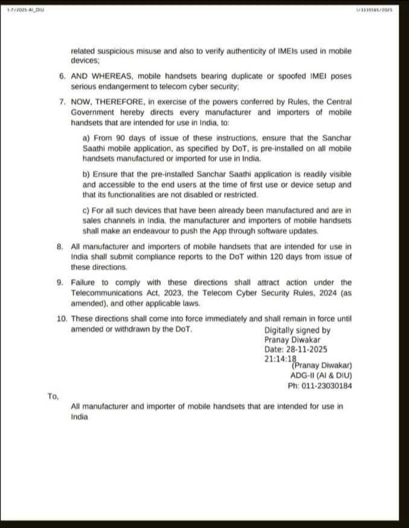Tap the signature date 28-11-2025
(x=306, y=349)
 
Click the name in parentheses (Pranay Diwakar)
(x=322, y=366)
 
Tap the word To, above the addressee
(x=53, y=396)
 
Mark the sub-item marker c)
(x=87, y=210)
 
